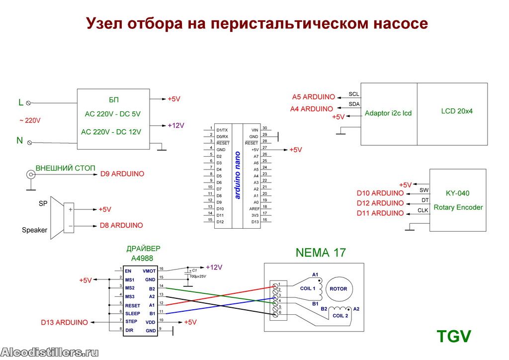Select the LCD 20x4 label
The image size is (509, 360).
(x=457, y=111)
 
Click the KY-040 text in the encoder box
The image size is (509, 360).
(x=457, y=193)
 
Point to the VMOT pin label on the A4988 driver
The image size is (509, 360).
(x=149, y=271)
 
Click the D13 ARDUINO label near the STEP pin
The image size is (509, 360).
(x=64, y=322)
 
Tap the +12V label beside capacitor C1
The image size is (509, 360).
(x=214, y=267)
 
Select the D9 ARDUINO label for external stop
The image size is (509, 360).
(x=122, y=174)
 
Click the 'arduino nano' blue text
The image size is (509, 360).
(x=237, y=176)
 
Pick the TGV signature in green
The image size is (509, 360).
(x=453, y=336)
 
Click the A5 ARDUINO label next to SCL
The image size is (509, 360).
(x=313, y=97)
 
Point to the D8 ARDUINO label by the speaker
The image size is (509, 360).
(x=121, y=225)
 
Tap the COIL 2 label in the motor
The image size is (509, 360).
(x=340, y=316)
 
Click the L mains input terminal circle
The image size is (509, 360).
(x=28, y=103)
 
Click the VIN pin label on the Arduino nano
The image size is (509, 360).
(x=255, y=130)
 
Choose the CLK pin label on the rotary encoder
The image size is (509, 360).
(x=423, y=210)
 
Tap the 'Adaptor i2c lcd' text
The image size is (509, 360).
(x=388, y=113)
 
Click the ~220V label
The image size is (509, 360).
(x=30, y=120)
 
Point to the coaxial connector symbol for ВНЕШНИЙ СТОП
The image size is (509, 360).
(x=31, y=175)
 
